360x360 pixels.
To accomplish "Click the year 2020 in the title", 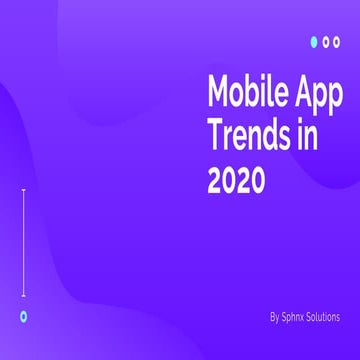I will pyautogui.click(x=236, y=180).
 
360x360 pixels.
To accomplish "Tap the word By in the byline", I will pyautogui.click(x=274, y=316).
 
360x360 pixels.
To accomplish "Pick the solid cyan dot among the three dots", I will pyautogui.click(x=314, y=42).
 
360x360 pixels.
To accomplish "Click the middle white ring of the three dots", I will pyautogui.click(x=327, y=42).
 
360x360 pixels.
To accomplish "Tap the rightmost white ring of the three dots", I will pyautogui.click(x=339, y=42).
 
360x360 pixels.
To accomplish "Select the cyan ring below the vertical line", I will pyautogui.click(x=23, y=315).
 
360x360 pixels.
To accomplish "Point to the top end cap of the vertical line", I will pyautogui.click(x=23, y=189).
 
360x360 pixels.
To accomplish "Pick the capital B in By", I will pyautogui.click(x=272, y=316).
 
